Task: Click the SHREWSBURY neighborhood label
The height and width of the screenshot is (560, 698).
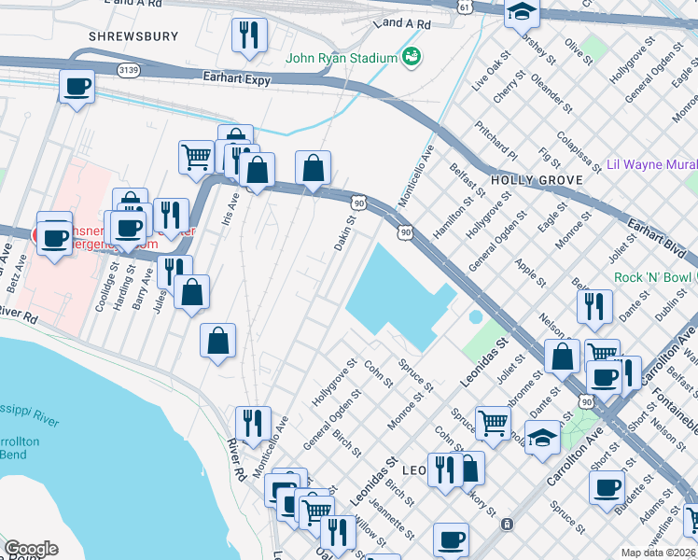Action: pos(133,36)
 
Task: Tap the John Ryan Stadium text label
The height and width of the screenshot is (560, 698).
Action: pos(342,58)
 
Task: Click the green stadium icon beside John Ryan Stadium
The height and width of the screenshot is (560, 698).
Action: pos(411,58)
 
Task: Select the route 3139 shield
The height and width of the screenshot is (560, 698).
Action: pos(130,70)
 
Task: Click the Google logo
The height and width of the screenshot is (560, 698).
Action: pos(31,549)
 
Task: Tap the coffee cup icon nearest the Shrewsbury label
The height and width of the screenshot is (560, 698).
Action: pos(77,89)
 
